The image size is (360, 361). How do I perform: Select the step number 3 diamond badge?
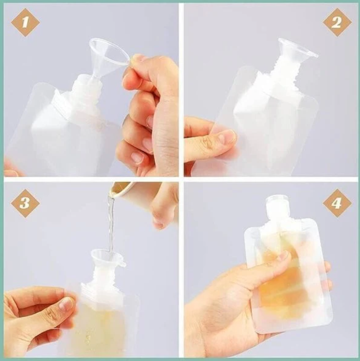pyautogui.click(x=25, y=203)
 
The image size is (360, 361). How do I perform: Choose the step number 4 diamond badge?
pyautogui.click(x=337, y=203)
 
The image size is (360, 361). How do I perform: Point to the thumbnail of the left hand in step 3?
pyautogui.click(x=65, y=303)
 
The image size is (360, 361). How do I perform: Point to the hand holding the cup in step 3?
pyautogui.click(x=165, y=204)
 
